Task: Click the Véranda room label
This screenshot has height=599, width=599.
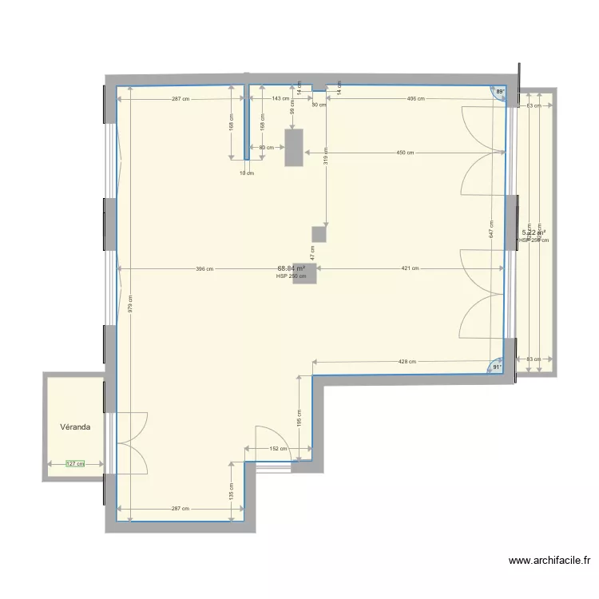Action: click(75, 427)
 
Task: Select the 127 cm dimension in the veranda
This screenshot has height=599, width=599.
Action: click(74, 463)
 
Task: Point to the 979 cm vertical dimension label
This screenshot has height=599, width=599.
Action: click(130, 303)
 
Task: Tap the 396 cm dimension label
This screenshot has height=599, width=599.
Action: click(204, 269)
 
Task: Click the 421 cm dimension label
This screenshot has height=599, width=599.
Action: click(410, 269)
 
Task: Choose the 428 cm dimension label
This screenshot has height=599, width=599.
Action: click(407, 362)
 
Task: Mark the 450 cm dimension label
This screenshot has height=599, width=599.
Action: click(405, 153)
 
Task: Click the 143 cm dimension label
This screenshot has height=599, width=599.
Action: click(280, 99)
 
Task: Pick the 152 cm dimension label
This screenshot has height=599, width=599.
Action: click(278, 449)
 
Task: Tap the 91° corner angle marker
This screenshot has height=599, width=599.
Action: click(497, 368)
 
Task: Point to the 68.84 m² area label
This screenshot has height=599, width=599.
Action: click(292, 269)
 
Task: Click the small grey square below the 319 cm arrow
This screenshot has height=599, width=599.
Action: click(319, 234)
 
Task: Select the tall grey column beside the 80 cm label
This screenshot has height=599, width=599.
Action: click(295, 147)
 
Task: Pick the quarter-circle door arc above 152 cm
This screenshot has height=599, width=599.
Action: click(272, 439)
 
